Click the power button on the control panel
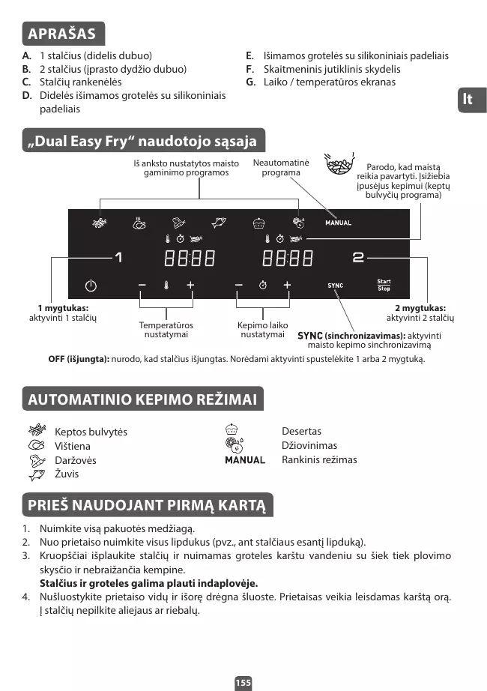[x=91, y=286]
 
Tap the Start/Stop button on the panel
[x=384, y=286]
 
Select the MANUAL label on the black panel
[x=338, y=223]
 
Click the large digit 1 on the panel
[x=118, y=258]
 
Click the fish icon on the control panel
[x=219, y=222]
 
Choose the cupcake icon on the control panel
[x=259, y=222]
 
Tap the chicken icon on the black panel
[x=138, y=222]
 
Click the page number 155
[x=243, y=683]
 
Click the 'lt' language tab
[x=468, y=100]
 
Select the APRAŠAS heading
[x=62, y=34]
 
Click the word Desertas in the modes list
[x=301, y=432]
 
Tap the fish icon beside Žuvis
[x=37, y=474]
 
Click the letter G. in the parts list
[x=250, y=82]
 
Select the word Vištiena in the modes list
[x=73, y=446]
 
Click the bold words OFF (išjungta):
[x=79, y=359]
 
